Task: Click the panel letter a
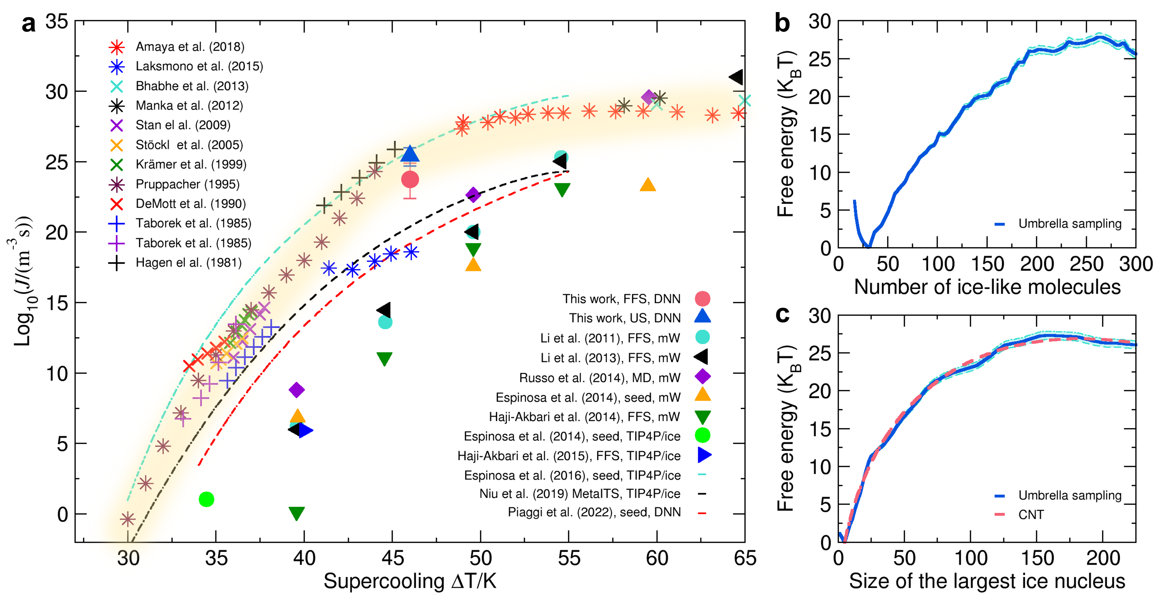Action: pos(28,24)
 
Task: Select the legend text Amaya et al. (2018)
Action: pos(190,47)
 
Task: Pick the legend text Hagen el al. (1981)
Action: pos(188,263)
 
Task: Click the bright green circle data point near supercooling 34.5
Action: pos(206,499)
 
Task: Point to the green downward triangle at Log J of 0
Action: pos(297,513)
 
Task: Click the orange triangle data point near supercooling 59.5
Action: pos(648,185)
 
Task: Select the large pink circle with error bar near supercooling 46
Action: pos(410,180)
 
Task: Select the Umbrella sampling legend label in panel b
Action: pos(1070,223)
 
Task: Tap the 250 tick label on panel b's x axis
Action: pos(1086,264)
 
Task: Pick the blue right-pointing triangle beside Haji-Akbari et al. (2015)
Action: pos(704,455)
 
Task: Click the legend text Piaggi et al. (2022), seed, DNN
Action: pos(594,512)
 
